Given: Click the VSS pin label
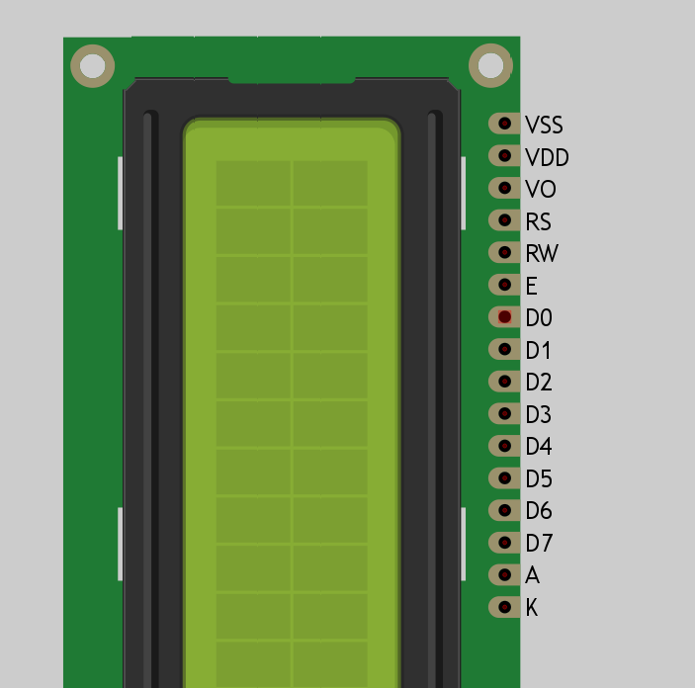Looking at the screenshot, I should [544, 125].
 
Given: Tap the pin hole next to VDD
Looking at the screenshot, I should [505, 156].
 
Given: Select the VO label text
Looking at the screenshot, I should [540, 189].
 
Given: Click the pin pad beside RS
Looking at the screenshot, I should [505, 220].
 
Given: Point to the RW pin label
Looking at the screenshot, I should [542, 253].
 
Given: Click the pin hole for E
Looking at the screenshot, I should [505, 285].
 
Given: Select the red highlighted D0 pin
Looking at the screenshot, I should [505, 317].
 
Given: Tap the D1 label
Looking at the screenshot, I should [539, 350].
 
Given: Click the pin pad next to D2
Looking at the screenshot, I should [505, 382].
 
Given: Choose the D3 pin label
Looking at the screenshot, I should [539, 414].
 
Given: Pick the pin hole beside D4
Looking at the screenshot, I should [505, 446].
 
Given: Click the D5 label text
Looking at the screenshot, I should [539, 478].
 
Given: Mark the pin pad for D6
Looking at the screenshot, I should [505, 510].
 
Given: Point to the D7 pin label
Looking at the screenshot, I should [539, 543].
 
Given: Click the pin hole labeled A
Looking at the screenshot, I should [505, 574].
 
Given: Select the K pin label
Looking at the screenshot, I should [532, 607].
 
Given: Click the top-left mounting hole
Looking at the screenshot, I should [92, 66].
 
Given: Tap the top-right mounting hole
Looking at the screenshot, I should [489, 65].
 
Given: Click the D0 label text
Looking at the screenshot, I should [539, 317].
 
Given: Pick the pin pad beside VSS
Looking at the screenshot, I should [505, 124].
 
